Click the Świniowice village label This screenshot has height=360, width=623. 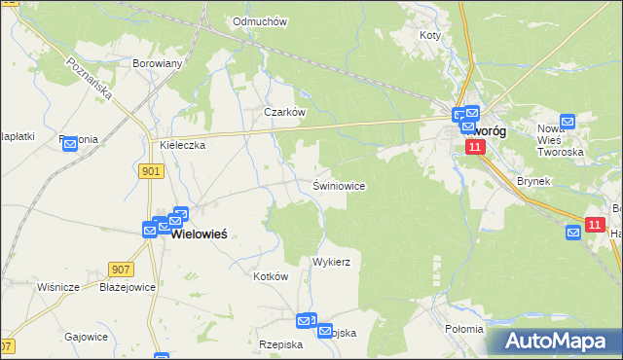[x=339, y=185]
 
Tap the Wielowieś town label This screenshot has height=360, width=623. [x=206, y=234]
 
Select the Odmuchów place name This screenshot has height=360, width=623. [x=257, y=21]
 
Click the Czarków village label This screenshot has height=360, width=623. [x=285, y=112]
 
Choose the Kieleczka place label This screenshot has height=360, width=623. [x=182, y=145]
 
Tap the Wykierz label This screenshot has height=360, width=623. [x=331, y=263]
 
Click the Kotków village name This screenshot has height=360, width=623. [x=271, y=276]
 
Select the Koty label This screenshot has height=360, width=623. [x=430, y=35]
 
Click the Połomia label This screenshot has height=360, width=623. [x=463, y=329]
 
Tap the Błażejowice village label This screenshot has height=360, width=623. [x=127, y=287]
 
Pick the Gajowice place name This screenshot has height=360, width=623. [x=85, y=336]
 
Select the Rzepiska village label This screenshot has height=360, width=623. [x=281, y=344]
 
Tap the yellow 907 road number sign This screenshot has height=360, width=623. [x=121, y=270]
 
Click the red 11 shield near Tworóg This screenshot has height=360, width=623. [x=474, y=146]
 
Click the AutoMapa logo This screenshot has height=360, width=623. [x=551, y=342]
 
